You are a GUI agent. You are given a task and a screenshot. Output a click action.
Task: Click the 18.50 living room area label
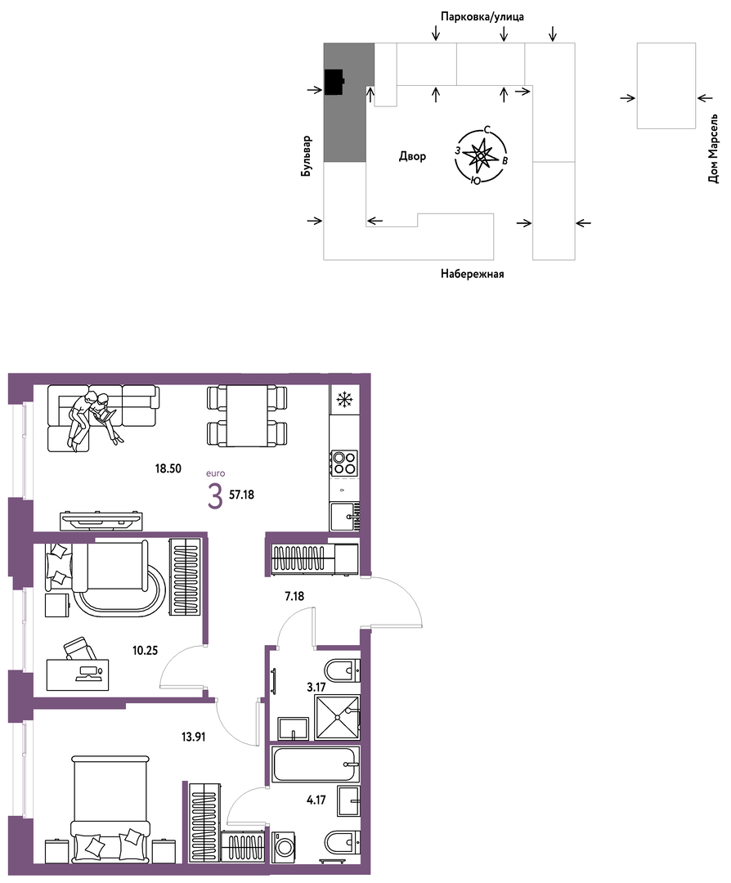point(168,468)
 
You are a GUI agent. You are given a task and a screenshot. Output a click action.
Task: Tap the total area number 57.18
point(241,495)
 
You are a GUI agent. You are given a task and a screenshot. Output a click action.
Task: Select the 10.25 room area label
point(145,651)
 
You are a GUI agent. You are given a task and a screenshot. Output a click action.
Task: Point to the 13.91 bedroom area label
point(193,736)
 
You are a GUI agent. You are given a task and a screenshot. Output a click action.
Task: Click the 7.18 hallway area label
point(294,596)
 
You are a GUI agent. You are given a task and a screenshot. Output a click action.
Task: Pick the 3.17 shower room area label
point(316,687)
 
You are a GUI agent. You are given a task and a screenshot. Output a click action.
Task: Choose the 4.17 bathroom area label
point(316,800)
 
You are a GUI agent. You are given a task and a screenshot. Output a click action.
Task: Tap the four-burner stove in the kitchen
point(343,462)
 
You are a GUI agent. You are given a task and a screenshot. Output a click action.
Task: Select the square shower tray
point(337,718)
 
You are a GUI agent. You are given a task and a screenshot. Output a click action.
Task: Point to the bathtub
point(314,764)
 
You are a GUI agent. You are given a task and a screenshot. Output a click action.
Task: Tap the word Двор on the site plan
point(412,156)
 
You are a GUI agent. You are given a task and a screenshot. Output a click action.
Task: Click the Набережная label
point(472,274)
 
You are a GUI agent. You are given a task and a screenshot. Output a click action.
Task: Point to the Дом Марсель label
point(714,150)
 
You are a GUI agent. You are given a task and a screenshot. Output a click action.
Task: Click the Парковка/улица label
point(482,17)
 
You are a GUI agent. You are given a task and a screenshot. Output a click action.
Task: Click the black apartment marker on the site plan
point(334,82)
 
